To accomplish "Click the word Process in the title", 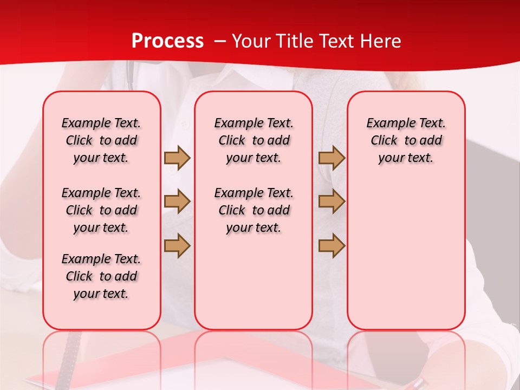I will pos(167,41).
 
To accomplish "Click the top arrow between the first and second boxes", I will pos(177,158).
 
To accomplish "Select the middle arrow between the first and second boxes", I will pos(177,201).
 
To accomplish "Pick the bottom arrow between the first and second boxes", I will pos(177,245).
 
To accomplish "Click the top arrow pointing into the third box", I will pos(331,158).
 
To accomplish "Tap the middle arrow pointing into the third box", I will pos(331,201).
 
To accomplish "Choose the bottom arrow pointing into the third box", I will pos(331,245).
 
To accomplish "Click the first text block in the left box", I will pos(101,140).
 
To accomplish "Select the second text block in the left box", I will pos(101,210).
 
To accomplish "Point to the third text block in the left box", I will pos(101,276).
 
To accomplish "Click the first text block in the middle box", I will pos(253,140).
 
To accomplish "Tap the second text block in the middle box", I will pos(253,210).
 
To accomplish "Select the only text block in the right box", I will pos(406,140).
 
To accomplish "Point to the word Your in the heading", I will pos(251,41).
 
